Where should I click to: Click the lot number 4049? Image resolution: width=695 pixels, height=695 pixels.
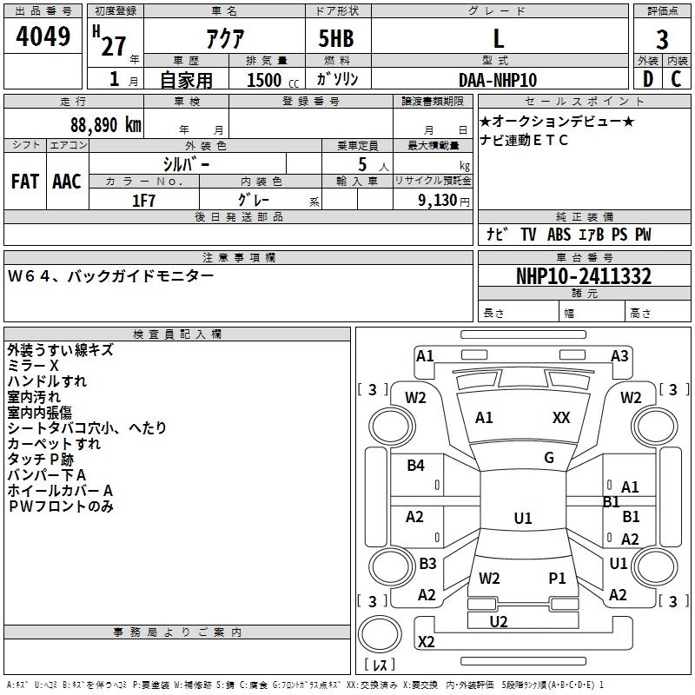click(43, 36)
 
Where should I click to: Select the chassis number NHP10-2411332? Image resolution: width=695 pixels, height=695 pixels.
click(584, 276)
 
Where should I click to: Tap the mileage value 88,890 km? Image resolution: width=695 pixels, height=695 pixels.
click(105, 125)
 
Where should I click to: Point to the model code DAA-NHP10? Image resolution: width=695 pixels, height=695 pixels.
click(498, 80)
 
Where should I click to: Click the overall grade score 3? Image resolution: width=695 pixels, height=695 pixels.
click(662, 40)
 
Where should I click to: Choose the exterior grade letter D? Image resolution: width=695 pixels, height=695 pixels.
click(648, 79)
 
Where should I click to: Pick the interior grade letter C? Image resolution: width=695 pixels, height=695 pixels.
click(676, 79)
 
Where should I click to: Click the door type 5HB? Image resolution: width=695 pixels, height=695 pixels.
click(336, 38)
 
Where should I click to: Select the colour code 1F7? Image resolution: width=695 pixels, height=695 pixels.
click(143, 201)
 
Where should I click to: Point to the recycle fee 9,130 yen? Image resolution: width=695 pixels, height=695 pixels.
click(443, 201)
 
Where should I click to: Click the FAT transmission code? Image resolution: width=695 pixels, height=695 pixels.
click(25, 182)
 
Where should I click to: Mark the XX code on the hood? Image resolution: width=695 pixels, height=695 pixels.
click(561, 418)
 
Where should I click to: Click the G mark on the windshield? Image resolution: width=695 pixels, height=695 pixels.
click(549, 458)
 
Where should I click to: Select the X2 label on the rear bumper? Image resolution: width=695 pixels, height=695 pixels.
click(426, 642)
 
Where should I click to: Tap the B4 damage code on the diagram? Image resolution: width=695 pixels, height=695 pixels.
click(415, 466)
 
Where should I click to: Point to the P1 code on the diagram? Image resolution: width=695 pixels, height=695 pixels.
click(557, 579)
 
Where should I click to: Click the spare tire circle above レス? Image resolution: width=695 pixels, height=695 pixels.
click(380, 633)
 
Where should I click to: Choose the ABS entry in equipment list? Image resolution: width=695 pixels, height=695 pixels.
click(559, 235)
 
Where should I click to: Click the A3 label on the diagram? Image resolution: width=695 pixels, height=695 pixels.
click(619, 356)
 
